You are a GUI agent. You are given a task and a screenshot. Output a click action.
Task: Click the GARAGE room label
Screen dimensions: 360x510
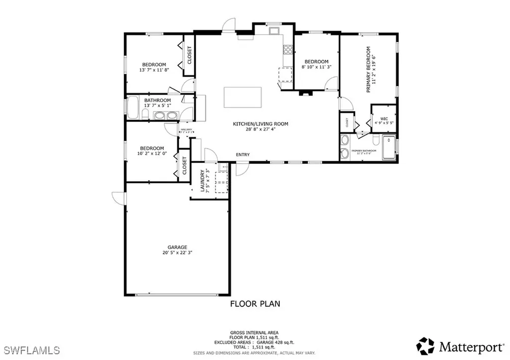[x=177, y=247]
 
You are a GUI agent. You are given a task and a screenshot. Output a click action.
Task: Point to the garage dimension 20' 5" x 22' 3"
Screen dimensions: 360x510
[x=177, y=253]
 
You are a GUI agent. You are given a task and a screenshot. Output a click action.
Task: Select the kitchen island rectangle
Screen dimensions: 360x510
[x=243, y=96]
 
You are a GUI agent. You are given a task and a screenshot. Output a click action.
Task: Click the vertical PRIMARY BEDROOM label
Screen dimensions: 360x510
[x=369, y=70]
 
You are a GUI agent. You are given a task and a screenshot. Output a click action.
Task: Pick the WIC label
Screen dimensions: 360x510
[x=383, y=119]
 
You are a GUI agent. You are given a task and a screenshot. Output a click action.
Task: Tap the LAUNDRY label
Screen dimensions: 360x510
[x=203, y=181]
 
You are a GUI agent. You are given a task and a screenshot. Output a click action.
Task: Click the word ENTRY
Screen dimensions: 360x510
[x=243, y=155]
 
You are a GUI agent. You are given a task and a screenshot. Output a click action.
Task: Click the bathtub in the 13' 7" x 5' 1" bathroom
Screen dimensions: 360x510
[x=133, y=107]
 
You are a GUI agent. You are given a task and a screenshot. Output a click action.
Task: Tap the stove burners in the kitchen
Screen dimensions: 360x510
[x=287, y=49]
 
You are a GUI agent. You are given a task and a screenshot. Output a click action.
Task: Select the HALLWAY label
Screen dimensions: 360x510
[x=186, y=129]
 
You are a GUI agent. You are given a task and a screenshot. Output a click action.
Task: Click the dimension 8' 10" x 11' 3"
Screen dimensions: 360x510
[x=316, y=67]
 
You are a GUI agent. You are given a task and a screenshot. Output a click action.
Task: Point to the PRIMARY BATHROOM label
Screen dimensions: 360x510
[x=364, y=150]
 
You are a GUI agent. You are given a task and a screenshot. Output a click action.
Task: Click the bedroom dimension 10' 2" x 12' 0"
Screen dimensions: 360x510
[x=152, y=154]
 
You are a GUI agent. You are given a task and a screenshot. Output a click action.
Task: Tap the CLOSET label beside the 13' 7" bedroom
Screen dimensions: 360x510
[x=189, y=55]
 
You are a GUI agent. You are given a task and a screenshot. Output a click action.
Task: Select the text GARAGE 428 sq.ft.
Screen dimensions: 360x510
[x=272, y=341]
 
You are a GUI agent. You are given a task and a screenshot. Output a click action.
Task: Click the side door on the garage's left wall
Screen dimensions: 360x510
[x=118, y=198]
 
